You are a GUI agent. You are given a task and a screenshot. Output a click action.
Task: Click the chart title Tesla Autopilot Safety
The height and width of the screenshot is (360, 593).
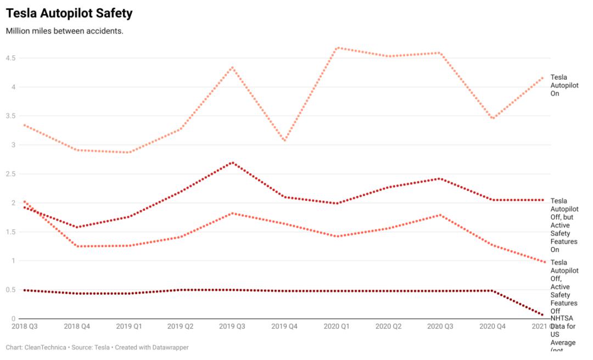tap(69, 13)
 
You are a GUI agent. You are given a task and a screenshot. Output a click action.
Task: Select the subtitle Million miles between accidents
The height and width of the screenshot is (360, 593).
tap(65, 31)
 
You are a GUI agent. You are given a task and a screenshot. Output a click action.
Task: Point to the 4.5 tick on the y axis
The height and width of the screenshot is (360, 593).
tap(10, 58)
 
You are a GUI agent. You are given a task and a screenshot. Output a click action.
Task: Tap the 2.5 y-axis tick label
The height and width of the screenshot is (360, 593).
tap(10, 174)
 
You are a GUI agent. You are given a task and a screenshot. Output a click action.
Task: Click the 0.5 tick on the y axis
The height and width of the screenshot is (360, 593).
tap(10, 290)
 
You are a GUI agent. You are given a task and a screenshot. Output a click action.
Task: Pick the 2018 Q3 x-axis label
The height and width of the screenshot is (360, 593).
tap(25, 327)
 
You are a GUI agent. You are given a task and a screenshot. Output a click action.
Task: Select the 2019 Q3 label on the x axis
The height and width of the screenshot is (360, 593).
tap(233, 327)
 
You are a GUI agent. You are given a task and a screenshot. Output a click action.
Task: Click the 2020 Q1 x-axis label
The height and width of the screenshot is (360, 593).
tap(337, 327)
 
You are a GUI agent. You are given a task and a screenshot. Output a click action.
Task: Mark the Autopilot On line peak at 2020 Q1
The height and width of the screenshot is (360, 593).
tap(337, 48)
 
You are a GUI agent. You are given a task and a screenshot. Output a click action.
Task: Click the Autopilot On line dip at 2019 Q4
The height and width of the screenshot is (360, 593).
tap(284, 141)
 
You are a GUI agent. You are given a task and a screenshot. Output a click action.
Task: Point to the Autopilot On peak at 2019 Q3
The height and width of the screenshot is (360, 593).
tap(233, 67)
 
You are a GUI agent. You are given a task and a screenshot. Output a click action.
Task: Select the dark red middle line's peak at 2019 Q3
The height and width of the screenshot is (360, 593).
tap(233, 162)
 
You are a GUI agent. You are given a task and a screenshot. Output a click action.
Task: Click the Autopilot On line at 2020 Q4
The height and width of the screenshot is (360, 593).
tap(493, 119)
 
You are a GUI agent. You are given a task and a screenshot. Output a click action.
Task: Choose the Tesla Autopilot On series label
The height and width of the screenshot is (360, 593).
tap(564, 86)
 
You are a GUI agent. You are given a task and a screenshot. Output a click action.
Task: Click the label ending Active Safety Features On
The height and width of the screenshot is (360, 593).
tap(564, 225)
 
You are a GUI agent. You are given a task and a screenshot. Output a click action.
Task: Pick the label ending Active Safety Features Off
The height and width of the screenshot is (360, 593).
tap(564, 287)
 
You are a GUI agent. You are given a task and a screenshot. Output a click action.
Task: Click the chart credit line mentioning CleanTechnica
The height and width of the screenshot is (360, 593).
tap(97, 348)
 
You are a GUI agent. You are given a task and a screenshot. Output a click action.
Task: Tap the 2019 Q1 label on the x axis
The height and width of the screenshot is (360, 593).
tap(128, 327)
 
